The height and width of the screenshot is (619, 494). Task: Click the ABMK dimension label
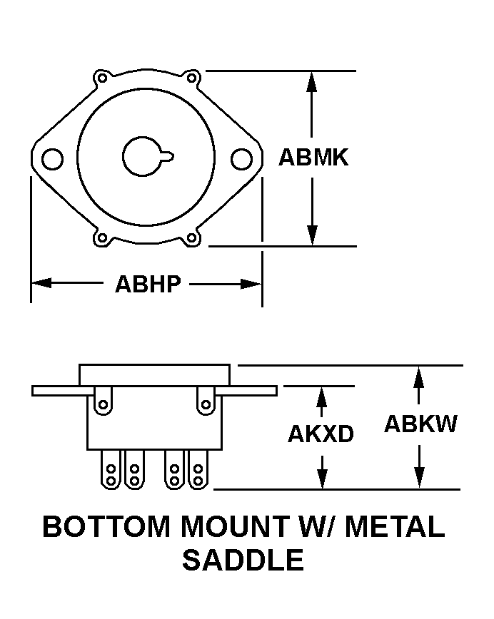(313, 158)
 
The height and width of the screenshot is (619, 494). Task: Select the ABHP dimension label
(148, 284)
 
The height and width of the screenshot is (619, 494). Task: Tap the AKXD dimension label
(321, 434)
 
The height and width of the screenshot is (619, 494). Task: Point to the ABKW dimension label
(420, 424)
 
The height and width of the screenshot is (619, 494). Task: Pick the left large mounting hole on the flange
(53, 158)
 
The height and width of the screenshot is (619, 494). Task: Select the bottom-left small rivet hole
(102, 237)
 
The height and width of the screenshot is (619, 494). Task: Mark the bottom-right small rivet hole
(191, 237)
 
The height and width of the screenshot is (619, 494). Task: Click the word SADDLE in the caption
(243, 560)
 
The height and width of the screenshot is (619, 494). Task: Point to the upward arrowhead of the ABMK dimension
(311, 80)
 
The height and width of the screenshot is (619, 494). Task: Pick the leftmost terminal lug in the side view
(112, 470)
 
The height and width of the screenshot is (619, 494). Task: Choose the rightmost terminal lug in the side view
(198, 470)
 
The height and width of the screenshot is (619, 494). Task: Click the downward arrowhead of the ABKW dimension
(420, 479)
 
